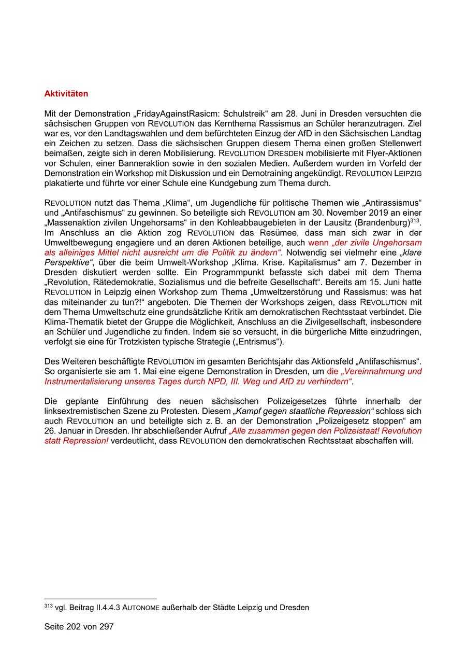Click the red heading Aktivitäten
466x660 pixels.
coord(66,94)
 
